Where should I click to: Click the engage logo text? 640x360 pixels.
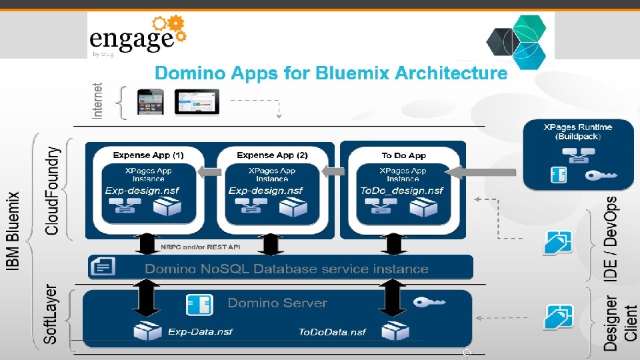click(132, 39)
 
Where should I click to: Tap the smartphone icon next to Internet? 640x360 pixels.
click(150, 101)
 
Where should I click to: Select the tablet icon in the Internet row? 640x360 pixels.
click(197, 101)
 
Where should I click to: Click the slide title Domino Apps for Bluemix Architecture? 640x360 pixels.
click(331, 73)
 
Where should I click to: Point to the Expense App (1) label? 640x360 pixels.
click(148, 155)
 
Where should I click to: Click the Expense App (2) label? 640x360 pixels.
click(272, 155)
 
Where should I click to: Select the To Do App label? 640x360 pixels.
click(403, 155)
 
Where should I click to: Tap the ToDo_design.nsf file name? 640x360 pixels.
click(401, 191)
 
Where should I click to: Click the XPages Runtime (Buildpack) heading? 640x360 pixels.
click(577, 131)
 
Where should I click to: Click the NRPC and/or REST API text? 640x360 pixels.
click(200, 247)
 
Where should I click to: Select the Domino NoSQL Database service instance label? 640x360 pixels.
click(287, 269)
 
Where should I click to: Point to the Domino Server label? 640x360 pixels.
click(277, 303)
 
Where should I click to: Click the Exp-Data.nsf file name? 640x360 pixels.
click(200, 331)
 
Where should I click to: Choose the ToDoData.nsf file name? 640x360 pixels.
click(332, 332)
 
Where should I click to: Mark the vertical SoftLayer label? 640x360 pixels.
click(51, 315)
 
